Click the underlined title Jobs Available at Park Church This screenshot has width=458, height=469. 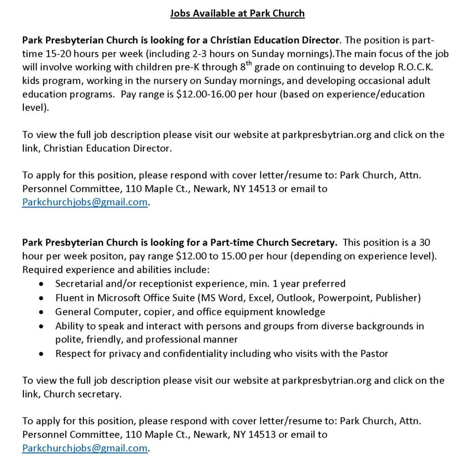(x=237, y=13)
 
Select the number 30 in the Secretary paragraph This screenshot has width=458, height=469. (x=424, y=242)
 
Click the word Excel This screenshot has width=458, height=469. (x=260, y=298)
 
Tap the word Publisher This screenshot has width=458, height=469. (x=398, y=298)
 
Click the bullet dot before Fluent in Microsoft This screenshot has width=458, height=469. (x=42, y=298)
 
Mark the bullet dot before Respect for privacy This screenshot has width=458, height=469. (x=42, y=354)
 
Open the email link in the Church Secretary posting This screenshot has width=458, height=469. (x=85, y=448)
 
